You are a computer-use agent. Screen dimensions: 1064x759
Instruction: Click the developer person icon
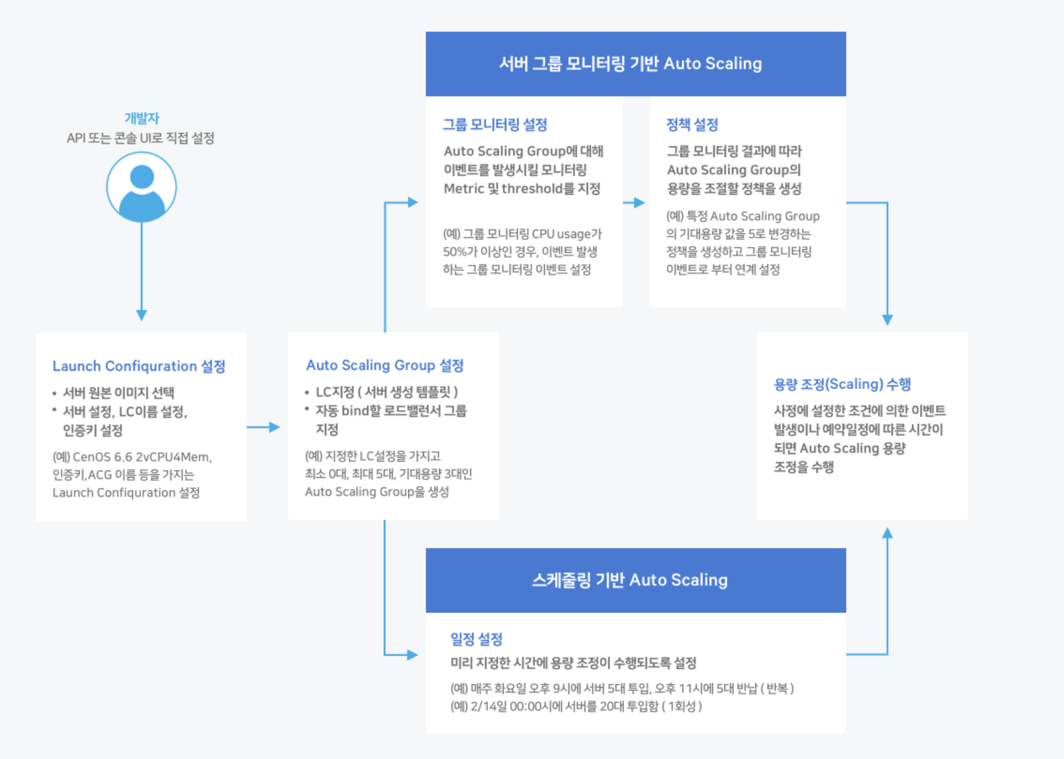[141, 187]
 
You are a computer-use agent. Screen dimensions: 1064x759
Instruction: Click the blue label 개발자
[142, 118]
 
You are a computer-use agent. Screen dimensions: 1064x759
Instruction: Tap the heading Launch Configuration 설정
[139, 366]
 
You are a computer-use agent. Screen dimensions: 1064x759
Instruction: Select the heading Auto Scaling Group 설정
[384, 365]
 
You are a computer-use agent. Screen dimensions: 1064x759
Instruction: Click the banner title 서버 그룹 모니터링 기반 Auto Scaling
[630, 63]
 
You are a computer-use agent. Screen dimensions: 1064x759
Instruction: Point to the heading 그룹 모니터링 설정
[495, 125]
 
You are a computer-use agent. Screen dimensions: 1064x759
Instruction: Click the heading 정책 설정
[692, 125]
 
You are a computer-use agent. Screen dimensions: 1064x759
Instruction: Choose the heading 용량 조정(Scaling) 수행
[842, 384]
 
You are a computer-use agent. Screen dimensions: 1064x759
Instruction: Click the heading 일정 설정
[476, 639]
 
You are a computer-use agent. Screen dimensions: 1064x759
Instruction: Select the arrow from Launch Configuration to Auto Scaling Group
[264, 427]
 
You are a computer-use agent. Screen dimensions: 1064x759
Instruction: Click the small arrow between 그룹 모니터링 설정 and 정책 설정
[635, 203]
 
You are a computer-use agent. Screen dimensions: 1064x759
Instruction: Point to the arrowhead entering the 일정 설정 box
[412, 655]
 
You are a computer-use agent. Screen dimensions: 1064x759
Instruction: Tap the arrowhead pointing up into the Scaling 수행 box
[887, 534]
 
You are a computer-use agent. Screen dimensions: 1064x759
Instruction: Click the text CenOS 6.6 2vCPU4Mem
[141, 457]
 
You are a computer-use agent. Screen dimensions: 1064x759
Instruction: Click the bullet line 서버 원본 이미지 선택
[118, 393]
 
